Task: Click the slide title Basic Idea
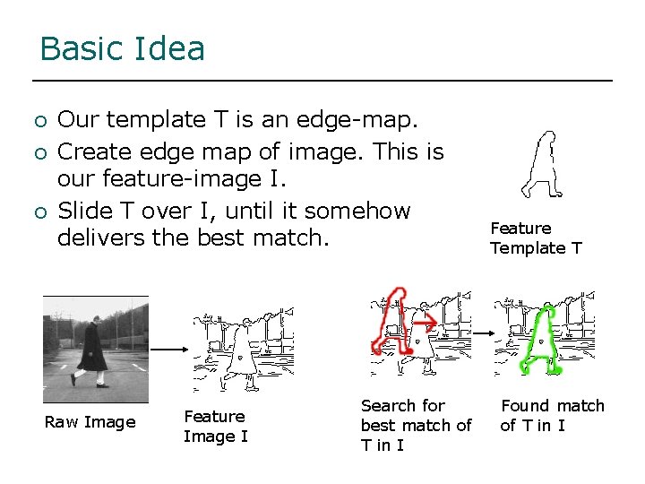click(123, 48)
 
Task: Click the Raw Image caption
click(90, 421)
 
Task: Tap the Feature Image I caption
click(215, 426)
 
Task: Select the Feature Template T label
click(536, 238)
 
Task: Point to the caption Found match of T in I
click(552, 415)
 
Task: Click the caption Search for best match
click(416, 425)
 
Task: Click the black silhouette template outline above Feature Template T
click(543, 166)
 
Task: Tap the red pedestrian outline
click(391, 323)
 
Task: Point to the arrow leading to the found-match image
click(482, 334)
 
